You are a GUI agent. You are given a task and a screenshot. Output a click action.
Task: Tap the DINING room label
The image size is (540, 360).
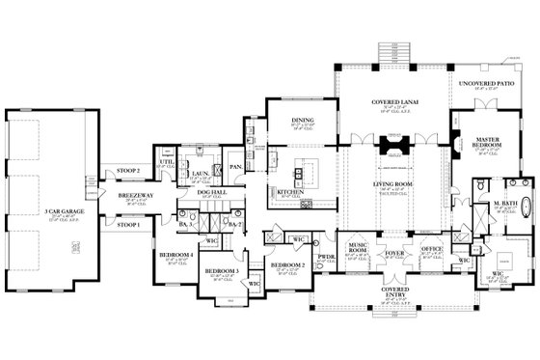click(303, 121)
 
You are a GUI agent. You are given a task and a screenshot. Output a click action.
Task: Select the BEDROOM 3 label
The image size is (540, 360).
click(223, 273)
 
